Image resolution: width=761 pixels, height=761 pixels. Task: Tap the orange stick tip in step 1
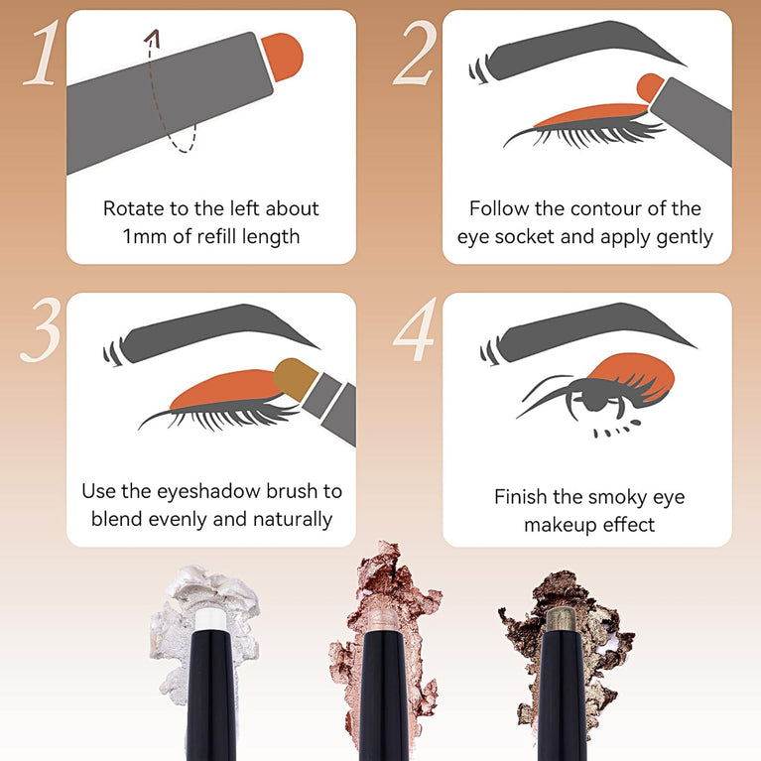tap(284, 54)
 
